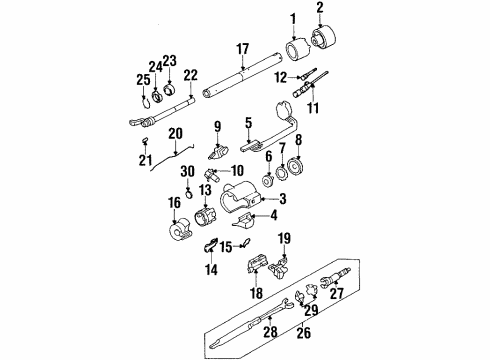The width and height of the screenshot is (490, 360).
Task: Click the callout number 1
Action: click(293, 19)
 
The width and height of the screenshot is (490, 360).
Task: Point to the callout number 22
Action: click(189, 75)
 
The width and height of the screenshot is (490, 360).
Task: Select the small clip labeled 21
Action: click(147, 153)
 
